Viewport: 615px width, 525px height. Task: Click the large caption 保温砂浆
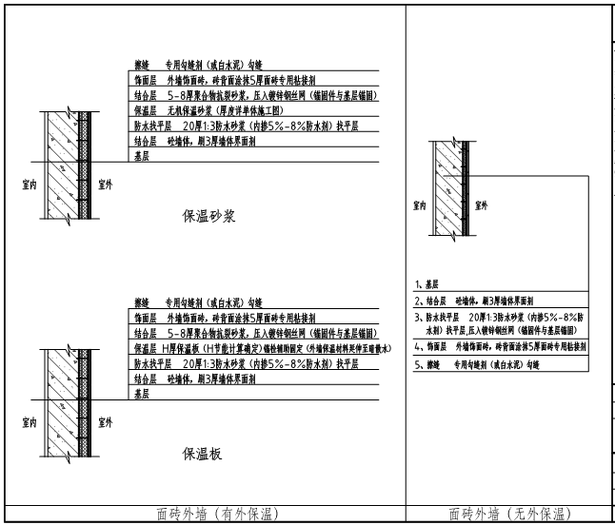pyautogui.click(x=208, y=216)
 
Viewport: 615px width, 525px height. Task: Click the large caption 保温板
pyautogui.click(x=203, y=454)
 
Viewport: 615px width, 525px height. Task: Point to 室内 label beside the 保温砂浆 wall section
pyautogui.click(x=30, y=186)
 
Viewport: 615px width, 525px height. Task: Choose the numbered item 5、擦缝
pyautogui.click(x=476, y=364)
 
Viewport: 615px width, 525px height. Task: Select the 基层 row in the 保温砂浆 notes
pyautogui.click(x=142, y=154)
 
